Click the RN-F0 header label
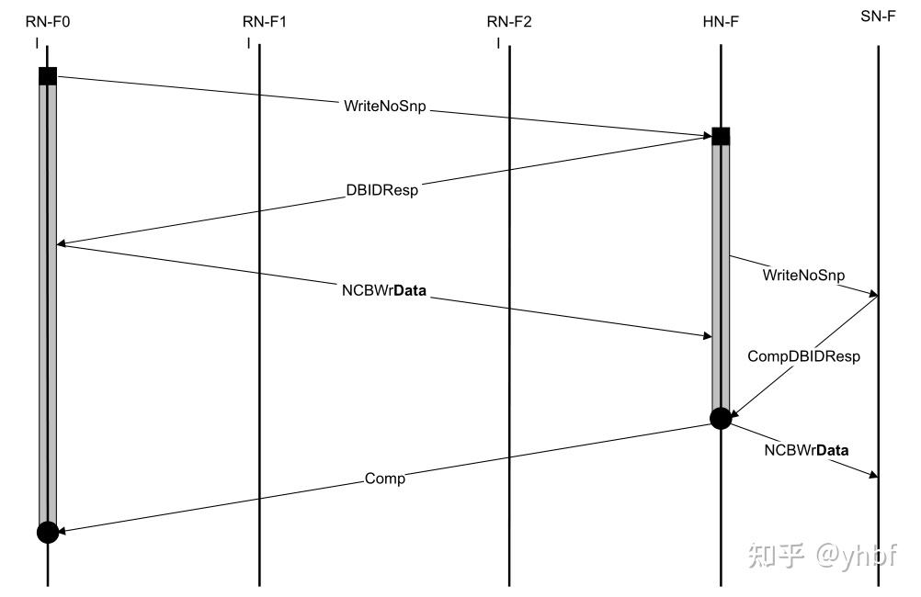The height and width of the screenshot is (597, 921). [x=48, y=22]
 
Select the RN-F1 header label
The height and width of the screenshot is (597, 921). [x=265, y=22]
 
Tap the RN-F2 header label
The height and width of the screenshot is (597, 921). [x=509, y=22]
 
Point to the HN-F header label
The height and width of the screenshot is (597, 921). [x=721, y=22]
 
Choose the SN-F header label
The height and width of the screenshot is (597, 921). [x=878, y=17]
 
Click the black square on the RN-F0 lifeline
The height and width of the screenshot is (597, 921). [x=48, y=76]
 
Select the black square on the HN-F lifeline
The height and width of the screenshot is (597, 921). [x=721, y=136]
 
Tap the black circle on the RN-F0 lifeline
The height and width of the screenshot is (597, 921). [x=48, y=533]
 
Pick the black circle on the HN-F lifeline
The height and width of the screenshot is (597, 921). [x=721, y=419]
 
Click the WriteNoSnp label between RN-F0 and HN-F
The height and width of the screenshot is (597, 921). [x=385, y=107]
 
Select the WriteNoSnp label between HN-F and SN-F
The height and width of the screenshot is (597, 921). [x=803, y=275]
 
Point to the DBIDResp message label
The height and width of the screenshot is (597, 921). [x=381, y=190]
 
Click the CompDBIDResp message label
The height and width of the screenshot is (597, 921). [x=803, y=356]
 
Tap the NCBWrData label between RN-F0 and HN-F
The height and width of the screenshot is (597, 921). [x=384, y=290]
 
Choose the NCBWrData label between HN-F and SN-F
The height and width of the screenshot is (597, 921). [x=806, y=450]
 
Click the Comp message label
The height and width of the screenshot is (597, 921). [x=385, y=479]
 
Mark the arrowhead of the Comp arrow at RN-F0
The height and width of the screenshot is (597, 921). [x=62, y=531]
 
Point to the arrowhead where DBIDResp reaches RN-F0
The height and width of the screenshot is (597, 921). [x=62, y=244]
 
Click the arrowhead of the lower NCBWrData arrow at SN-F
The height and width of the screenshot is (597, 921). [x=873, y=474]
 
